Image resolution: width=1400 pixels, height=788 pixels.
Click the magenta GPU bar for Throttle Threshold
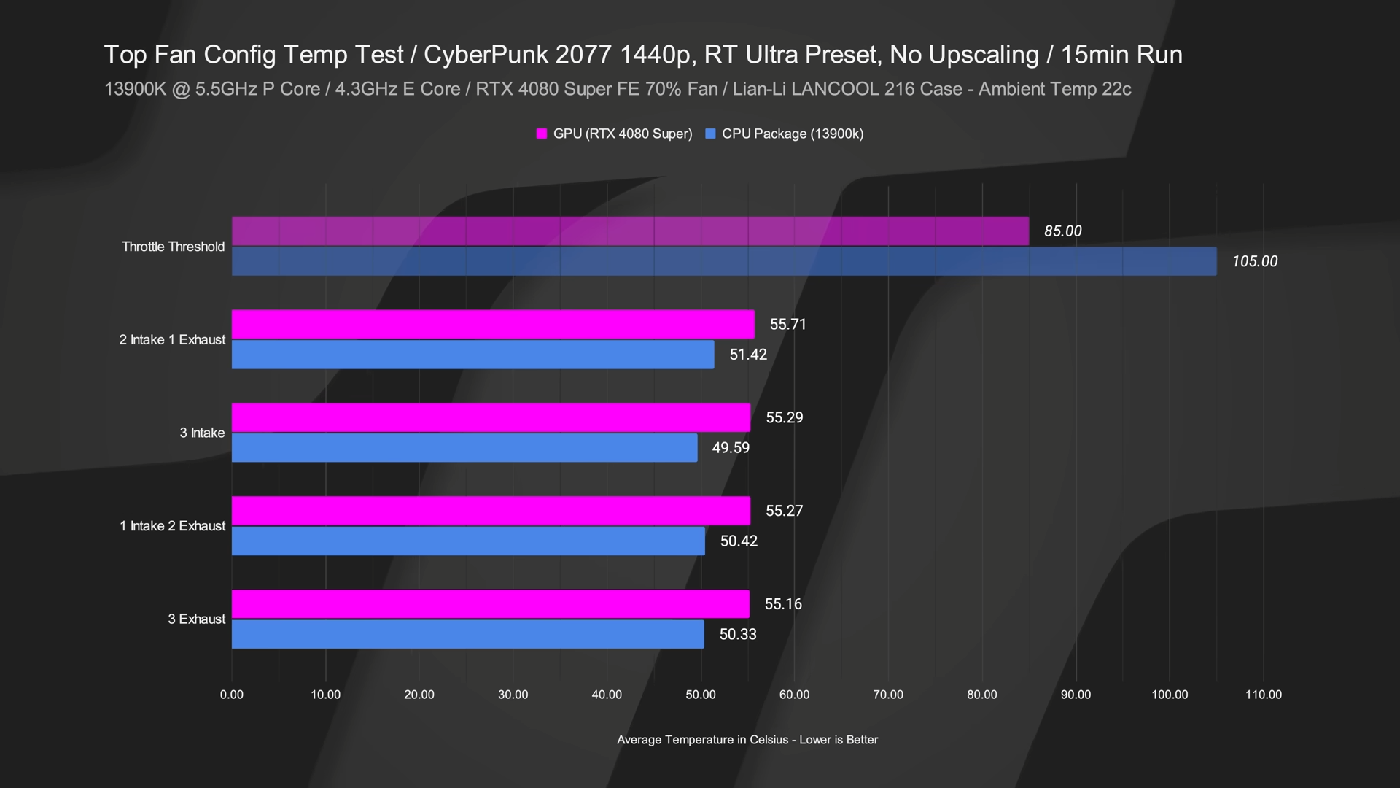630,231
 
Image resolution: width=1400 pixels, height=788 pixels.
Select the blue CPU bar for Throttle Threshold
724,261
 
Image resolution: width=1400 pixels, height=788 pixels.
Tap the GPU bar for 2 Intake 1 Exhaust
493,324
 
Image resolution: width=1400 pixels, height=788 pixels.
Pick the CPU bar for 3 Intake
464,447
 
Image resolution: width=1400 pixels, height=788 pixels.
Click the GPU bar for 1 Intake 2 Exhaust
491,511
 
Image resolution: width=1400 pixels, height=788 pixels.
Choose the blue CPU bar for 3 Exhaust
468,634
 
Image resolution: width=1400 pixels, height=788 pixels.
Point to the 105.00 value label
1254,261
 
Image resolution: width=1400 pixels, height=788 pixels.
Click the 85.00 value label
1062,231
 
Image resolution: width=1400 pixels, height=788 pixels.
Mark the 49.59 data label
731,447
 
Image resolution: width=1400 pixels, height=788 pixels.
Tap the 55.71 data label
787,324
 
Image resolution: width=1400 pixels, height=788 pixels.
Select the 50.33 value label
738,634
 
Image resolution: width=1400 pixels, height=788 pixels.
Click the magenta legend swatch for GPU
542,134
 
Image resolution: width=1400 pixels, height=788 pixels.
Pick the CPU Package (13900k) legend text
792,134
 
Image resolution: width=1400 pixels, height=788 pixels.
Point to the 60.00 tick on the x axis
794,695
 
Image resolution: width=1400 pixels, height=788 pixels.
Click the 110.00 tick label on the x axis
1263,695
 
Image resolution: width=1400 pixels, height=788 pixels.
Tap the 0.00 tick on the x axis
232,695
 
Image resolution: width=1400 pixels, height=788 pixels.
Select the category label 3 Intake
202,433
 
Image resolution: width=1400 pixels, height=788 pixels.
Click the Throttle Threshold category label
174,247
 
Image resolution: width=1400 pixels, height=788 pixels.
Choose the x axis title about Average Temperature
747,740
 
